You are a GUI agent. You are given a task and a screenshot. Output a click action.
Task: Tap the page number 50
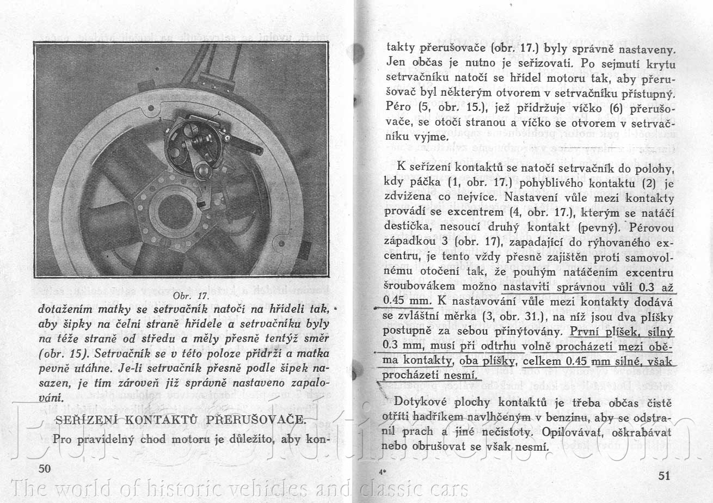[45, 469]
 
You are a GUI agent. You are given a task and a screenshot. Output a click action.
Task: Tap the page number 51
[663, 475]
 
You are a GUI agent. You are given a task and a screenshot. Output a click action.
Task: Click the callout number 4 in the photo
[218, 113]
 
